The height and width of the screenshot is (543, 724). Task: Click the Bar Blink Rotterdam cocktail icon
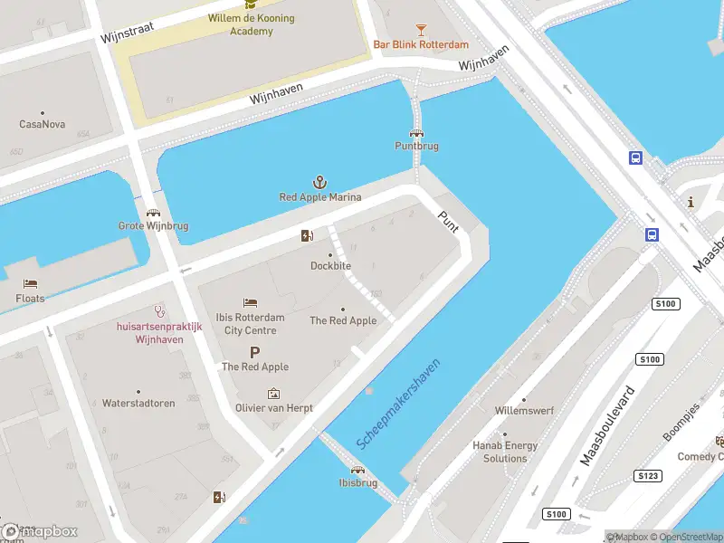point(421,30)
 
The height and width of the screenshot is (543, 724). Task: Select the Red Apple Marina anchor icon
point(319,182)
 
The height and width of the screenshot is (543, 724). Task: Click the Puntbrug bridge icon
point(416,132)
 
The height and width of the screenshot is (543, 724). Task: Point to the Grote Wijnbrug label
point(153,226)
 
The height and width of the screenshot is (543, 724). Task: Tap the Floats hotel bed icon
point(31,283)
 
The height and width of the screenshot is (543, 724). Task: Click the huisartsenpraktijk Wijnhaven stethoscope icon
point(159,310)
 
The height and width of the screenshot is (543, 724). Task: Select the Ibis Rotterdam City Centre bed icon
point(250,302)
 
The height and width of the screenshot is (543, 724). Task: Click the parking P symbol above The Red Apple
point(254,352)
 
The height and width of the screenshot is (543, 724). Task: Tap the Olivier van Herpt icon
point(274,394)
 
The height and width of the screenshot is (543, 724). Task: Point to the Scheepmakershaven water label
point(398,403)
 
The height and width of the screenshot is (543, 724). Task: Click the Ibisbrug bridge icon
point(357,470)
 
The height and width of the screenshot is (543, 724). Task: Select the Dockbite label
point(330,266)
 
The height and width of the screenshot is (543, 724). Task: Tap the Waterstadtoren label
point(138,403)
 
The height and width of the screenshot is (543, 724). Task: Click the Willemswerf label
point(523,411)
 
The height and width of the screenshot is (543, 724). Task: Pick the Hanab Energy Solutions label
point(505,452)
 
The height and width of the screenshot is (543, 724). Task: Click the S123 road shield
point(647,476)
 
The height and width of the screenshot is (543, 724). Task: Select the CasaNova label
point(41,124)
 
